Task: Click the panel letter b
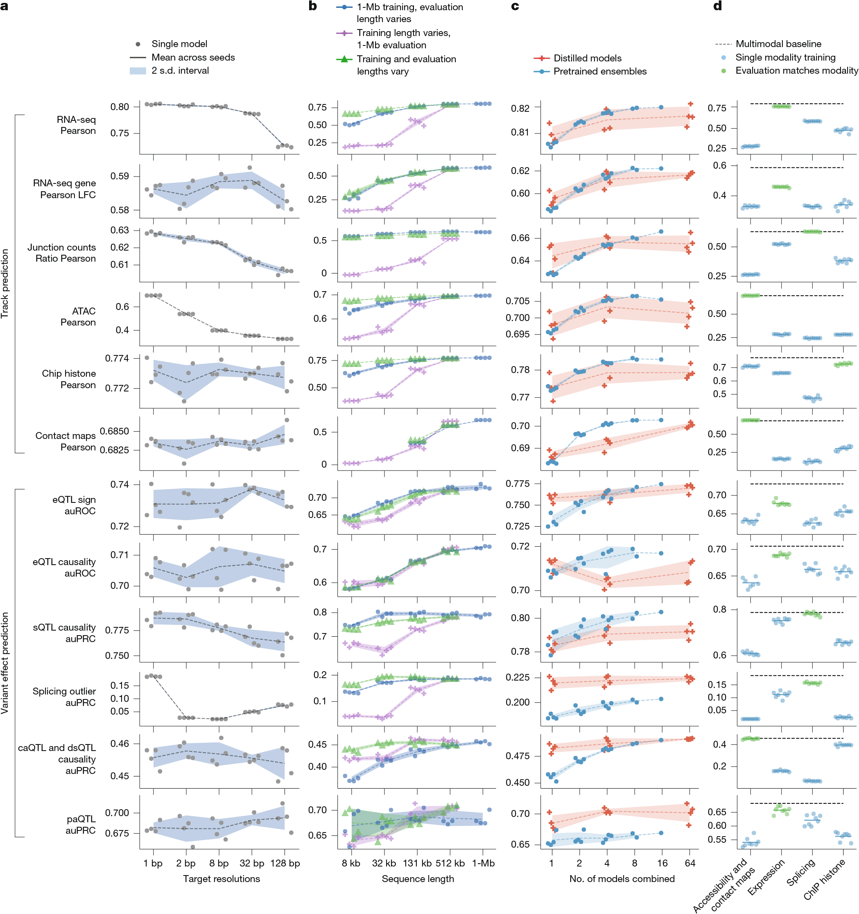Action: [312, 6]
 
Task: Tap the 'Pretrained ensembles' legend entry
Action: [599, 71]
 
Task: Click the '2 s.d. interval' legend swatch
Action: [138, 71]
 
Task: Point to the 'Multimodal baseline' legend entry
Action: [778, 44]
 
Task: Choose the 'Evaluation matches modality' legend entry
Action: [796, 71]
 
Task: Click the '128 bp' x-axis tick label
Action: [285, 863]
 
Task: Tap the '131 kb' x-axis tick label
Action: [417, 863]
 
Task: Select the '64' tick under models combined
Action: [689, 863]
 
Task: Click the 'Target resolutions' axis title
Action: [221, 879]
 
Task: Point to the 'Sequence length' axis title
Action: [417, 879]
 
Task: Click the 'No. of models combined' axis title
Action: [622, 879]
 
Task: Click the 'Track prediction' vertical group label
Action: [5, 283]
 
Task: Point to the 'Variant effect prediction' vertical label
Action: [5, 663]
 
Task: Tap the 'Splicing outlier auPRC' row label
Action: [64, 697]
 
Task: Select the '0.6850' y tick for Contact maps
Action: [115, 431]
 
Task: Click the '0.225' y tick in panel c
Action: [518, 677]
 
